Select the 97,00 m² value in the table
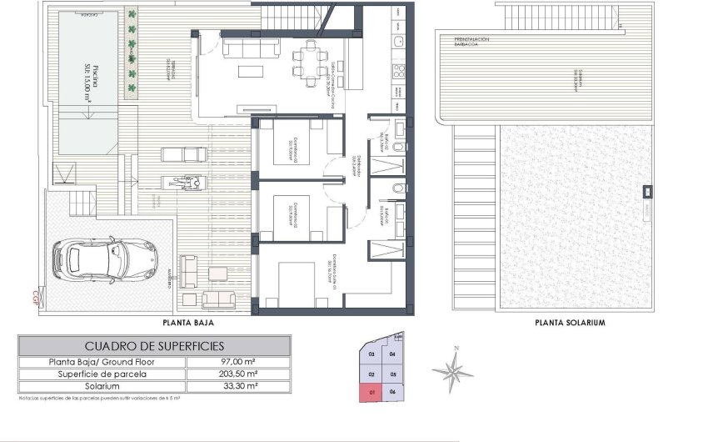[x=237, y=362]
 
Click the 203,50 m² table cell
[x=237, y=374]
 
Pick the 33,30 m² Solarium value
[x=237, y=386]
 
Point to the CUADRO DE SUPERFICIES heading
[x=154, y=345]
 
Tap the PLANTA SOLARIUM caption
[x=570, y=322]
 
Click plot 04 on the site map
[x=391, y=355]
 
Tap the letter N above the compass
[x=456, y=348]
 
